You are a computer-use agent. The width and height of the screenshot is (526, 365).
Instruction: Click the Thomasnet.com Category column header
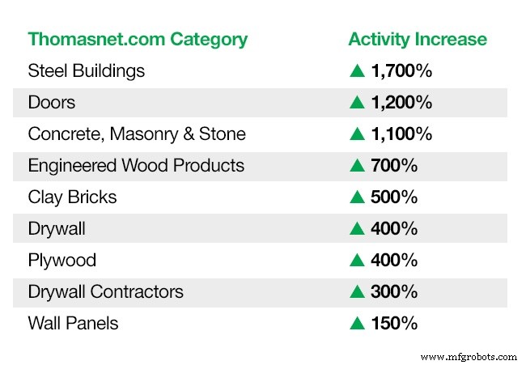138,39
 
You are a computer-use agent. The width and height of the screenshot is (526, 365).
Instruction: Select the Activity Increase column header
418,39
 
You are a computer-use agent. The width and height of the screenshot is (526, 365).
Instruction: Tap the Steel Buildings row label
87,71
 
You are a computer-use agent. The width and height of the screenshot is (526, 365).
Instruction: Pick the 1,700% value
401,71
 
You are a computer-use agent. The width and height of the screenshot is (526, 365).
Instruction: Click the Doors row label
51,103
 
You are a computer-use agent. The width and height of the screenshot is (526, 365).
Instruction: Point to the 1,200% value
401,103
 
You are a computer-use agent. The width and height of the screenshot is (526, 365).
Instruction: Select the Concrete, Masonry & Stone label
137,134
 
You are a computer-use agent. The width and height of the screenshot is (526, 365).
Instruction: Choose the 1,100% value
401,134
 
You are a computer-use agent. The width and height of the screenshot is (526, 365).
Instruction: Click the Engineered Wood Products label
136,166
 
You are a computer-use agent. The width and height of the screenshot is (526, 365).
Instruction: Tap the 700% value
394,166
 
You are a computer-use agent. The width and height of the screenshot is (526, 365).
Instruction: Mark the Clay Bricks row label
72,197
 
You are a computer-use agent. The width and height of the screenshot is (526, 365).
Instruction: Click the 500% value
394,197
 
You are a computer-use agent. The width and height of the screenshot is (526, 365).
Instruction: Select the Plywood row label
62,261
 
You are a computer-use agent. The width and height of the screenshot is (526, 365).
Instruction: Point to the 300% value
394,292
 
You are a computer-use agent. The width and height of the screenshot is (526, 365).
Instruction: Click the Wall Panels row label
73,324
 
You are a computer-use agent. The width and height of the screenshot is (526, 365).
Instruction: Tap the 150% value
394,324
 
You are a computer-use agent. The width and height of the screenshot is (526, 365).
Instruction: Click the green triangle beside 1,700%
357,71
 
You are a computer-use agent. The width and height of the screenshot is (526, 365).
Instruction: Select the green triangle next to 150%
357,324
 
